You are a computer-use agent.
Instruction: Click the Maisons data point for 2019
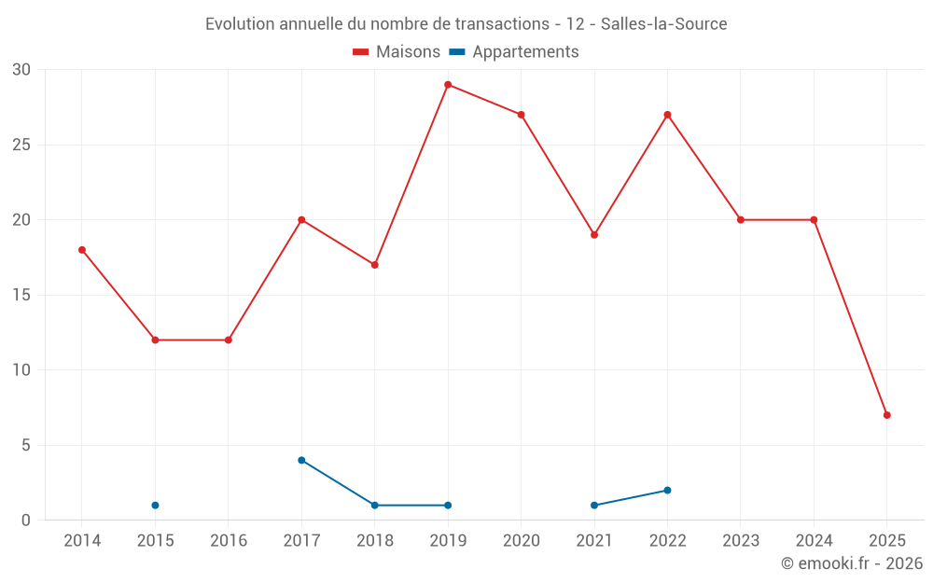point(448,85)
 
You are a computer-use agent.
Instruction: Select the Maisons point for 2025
point(886,415)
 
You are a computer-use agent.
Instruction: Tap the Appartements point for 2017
point(301,460)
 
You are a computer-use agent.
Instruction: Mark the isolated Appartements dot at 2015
point(155,506)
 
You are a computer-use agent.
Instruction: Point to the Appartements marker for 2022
point(667,491)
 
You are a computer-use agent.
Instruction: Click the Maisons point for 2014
point(82,250)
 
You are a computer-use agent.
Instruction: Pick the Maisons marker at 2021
point(594,235)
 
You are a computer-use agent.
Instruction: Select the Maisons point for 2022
point(667,115)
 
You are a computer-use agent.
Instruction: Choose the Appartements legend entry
point(525,52)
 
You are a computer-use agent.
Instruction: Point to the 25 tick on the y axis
point(21,145)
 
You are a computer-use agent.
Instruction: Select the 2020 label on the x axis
point(521,541)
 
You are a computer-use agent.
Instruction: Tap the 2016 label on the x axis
point(229,541)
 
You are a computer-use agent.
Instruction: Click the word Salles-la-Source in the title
point(663,24)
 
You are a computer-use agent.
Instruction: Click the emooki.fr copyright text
point(851,563)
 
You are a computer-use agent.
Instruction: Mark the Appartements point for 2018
point(375,506)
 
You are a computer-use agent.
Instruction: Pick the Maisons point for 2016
point(229,340)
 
